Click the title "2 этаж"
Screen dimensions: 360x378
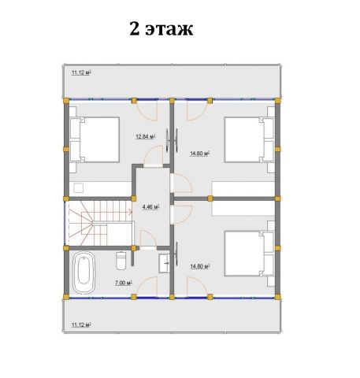point(161,28)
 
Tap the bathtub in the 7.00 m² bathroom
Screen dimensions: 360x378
point(84,272)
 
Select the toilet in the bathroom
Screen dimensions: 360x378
point(121,261)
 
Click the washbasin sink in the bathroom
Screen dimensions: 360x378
point(164,263)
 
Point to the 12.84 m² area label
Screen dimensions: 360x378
point(146,136)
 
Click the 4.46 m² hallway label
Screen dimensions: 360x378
point(151,207)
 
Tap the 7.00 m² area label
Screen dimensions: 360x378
point(124,283)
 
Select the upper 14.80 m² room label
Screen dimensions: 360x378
point(200,154)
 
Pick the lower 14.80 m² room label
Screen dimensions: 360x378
point(200,266)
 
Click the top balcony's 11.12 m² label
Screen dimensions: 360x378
point(81,72)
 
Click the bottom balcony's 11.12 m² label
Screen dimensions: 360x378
point(81,325)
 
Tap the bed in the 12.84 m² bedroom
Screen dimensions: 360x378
point(95,139)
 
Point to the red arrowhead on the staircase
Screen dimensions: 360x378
point(130,211)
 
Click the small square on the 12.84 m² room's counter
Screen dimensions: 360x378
point(79,188)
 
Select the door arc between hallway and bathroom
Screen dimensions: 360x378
point(148,239)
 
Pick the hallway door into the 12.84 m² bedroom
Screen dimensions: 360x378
point(153,155)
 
